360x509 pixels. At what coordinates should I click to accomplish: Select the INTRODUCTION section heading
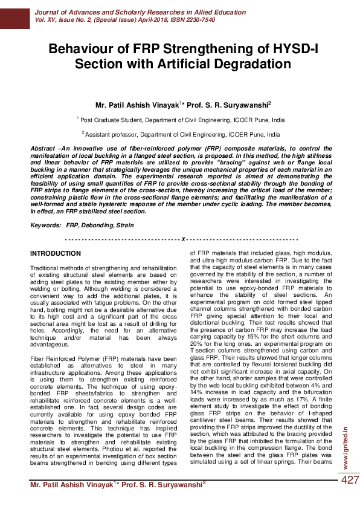[56, 253]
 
